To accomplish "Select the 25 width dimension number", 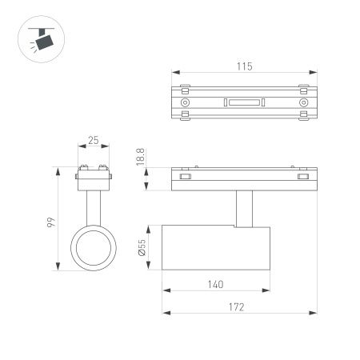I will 94,141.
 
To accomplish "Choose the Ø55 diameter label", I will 142,250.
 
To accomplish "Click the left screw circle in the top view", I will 186,103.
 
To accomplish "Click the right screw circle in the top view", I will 303,103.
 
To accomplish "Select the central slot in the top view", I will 244,102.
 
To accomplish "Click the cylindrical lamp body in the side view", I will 217,250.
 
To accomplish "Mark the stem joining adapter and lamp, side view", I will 244,210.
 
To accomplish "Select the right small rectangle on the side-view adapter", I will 303,177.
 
